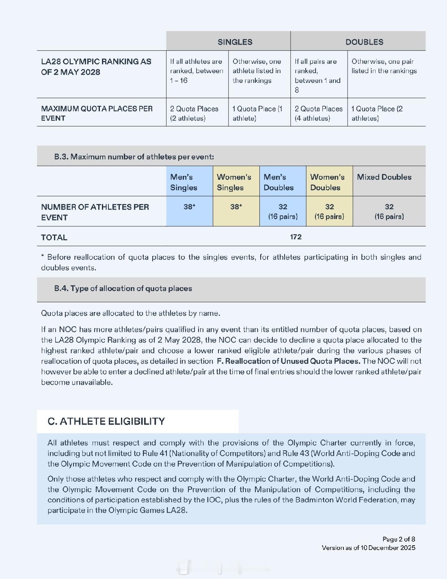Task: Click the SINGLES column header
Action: point(235,42)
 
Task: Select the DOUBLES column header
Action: point(364,42)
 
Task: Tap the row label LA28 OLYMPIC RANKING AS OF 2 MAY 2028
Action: point(96,67)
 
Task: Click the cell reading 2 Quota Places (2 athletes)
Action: point(194,113)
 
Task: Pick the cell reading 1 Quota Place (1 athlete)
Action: point(257,113)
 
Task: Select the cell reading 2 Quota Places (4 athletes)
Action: point(318,113)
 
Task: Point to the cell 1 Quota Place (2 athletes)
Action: point(377,113)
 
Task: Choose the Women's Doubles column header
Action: point(327,182)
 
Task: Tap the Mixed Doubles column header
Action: point(384,177)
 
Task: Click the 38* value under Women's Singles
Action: point(236,207)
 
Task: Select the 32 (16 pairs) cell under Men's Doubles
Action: point(283,211)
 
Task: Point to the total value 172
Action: point(296,237)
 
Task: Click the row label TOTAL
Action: point(54,238)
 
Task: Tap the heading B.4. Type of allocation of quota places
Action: point(123,288)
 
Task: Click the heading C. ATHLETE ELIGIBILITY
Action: point(106,421)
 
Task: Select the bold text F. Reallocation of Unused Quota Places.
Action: point(288,361)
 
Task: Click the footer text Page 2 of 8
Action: point(399,539)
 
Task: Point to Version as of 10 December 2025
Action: point(368,548)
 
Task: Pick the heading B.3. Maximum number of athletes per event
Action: point(134,157)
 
